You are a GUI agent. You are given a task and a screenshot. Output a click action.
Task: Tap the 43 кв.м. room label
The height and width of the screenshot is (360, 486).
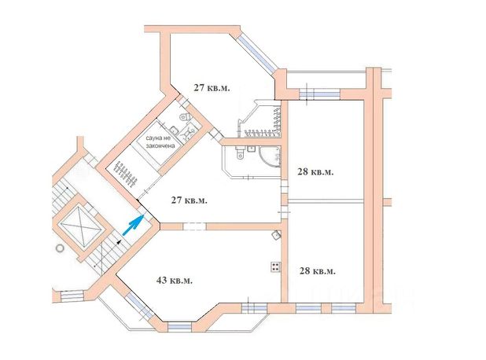point(174,280)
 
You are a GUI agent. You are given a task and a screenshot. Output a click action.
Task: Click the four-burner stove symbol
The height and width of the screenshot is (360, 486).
point(276,266)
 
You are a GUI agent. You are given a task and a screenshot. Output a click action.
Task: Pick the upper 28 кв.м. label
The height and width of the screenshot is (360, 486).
point(316,171)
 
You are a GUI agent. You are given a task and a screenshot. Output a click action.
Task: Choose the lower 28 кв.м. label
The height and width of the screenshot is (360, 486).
point(318,270)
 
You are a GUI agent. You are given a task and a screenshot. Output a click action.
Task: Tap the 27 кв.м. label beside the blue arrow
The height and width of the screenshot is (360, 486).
point(190,200)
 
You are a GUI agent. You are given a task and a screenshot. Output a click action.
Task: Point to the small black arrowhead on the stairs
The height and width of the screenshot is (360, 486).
point(118,241)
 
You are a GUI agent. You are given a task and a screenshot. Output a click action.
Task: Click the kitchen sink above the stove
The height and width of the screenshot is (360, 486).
point(276,234)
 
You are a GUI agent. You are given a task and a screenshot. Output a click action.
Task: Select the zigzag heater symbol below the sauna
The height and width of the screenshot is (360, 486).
point(124,170)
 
